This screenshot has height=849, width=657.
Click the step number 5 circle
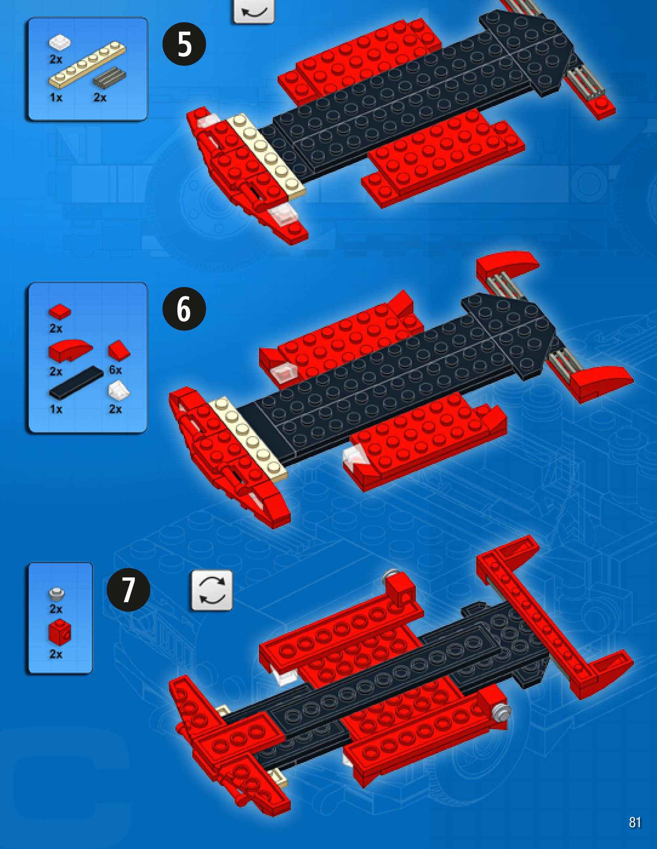[184, 44]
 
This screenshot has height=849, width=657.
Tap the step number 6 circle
[184, 309]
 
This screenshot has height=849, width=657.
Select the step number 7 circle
[128, 590]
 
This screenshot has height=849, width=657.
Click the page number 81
[635, 822]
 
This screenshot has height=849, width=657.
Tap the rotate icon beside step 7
[212, 590]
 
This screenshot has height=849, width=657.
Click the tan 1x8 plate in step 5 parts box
[87, 65]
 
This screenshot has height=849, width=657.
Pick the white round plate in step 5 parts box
[60, 42]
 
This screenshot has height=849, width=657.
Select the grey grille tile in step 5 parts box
[109, 77]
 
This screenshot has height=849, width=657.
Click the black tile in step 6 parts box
[76, 382]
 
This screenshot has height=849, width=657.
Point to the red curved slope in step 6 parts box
[69, 350]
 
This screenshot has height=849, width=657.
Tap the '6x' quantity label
[116, 370]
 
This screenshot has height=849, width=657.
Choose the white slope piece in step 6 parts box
[119, 391]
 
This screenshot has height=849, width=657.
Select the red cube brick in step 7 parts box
[60, 632]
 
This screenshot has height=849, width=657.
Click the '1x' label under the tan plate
[56, 98]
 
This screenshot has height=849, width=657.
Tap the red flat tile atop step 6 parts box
[60, 312]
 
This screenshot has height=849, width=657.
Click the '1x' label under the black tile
[56, 409]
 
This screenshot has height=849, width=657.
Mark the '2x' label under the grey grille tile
[100, 98]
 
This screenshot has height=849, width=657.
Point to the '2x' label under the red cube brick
[56, 654]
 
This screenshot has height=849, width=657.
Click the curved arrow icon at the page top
[254, 11]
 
